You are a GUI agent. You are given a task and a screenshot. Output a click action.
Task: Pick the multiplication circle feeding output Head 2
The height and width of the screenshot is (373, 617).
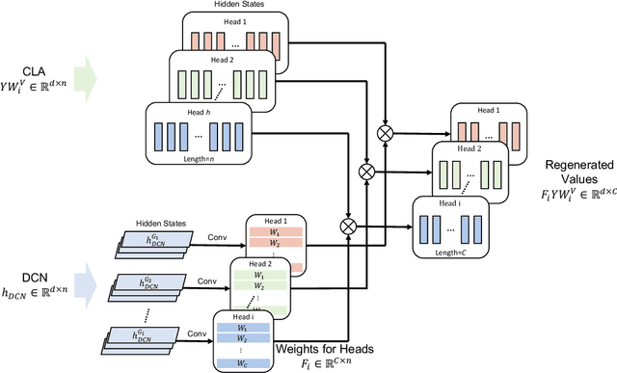366,171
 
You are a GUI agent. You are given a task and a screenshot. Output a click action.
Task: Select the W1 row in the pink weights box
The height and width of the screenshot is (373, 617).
277,231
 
